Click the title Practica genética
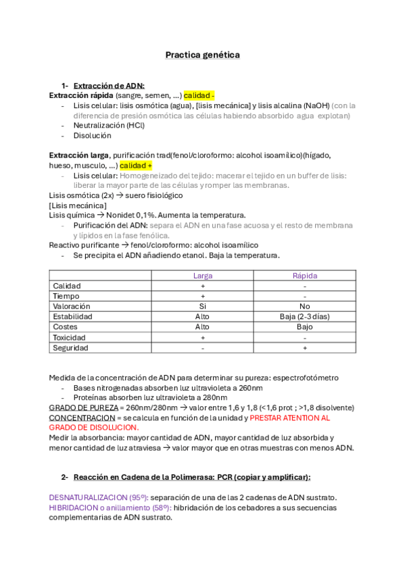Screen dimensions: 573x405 pos(202,55)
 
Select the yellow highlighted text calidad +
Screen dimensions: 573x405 pos(136,166)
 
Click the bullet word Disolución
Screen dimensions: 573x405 pos(93,135)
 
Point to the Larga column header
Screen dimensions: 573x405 pos(203,276)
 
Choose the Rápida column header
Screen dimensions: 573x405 pos(304,276)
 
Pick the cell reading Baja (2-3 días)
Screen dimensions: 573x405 pos(304,316)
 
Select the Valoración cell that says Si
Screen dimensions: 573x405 pos(203,306)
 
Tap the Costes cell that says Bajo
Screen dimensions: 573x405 pos(304,326)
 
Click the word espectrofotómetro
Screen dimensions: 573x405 pos(300,378)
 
